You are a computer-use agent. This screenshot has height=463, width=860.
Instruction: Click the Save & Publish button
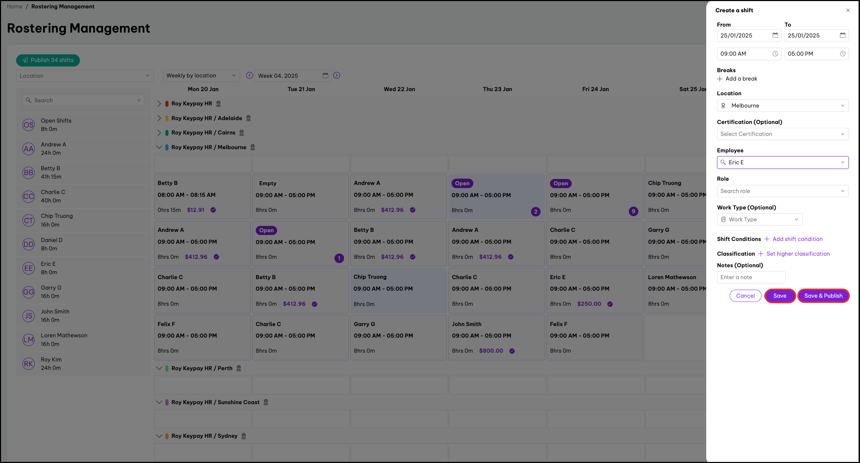(823, 296)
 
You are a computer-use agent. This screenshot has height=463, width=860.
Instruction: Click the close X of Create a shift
(848, 11)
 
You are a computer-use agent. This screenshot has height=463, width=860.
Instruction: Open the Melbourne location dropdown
(782, 105)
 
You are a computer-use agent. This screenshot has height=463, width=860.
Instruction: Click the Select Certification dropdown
(782, 134)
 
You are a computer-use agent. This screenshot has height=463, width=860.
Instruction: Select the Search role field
(782, 191)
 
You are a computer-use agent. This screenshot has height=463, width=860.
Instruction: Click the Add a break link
(741, 79)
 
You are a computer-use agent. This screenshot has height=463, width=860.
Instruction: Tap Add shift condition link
(797, 239)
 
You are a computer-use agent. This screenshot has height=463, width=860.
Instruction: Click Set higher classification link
(798, 254)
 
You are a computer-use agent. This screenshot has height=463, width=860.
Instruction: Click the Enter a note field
(751, 277)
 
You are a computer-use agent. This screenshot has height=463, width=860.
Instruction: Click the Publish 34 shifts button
(48, 60)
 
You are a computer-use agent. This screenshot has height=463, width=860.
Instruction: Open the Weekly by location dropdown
(201, 76)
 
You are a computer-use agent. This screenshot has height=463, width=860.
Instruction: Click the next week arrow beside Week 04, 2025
(337, 75)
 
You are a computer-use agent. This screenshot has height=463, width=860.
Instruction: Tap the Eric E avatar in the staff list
(29, 268)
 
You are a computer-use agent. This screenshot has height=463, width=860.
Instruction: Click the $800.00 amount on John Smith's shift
(491, 351)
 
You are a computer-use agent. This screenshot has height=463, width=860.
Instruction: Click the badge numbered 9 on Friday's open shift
(633, 211)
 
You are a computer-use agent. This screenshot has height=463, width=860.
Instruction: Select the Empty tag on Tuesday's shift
(268, 183)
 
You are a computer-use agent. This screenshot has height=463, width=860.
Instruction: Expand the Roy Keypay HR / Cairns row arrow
(159, 133)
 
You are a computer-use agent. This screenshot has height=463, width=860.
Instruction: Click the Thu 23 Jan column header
(497, 89)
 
